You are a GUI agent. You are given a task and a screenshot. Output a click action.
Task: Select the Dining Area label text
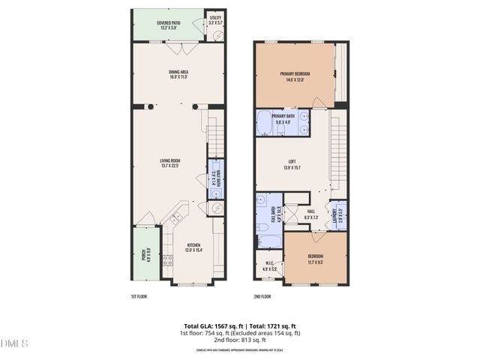(x=178, y=72)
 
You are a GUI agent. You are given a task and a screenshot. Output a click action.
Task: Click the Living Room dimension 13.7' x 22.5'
(x=171, y=165)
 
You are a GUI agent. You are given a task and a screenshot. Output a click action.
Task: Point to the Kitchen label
(x=193, y=244)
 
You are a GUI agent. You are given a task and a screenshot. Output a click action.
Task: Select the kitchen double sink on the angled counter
(x=177, y=219)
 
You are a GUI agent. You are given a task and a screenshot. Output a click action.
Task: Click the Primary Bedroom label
(x=295, y=73)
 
